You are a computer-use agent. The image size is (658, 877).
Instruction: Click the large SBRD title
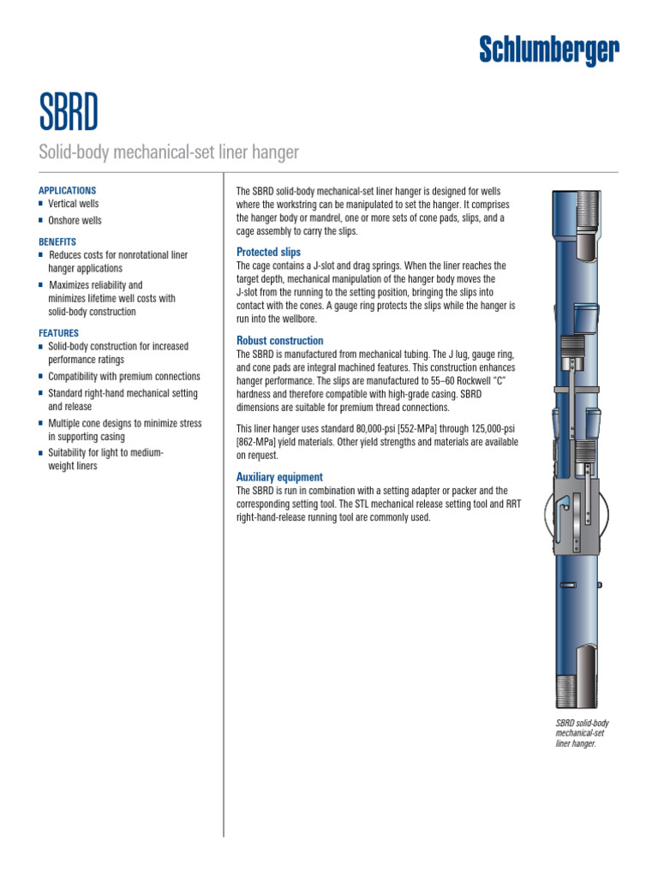69,110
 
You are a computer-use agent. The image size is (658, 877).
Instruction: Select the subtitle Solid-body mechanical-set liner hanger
169,152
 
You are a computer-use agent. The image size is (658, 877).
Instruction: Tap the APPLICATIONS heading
68,190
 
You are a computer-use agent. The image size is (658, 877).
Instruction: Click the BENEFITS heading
57,242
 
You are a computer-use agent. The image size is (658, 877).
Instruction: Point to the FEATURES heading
58,333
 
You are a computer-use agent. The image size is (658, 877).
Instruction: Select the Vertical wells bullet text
73,204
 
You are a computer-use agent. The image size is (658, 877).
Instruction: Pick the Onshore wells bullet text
75,220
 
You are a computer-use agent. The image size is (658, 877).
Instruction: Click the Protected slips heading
268,253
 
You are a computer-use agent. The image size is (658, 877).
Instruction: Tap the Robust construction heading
279,341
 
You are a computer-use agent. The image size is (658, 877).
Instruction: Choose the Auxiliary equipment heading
279,477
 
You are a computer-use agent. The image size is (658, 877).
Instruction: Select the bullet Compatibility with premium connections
123,377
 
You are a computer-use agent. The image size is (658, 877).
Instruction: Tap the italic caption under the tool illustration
583,734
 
